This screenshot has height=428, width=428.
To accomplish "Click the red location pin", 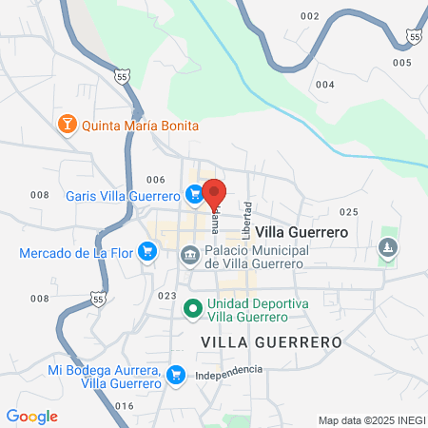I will (214, 191).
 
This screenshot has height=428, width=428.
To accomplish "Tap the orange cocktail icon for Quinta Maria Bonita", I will (68, 125).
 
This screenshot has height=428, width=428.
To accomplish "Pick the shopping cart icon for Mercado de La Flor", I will (146, 252).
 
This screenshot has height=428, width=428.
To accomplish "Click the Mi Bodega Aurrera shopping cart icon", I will (175, 375).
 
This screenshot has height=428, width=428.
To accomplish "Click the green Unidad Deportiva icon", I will (191, 308).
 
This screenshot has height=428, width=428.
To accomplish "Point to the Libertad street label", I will (247, 220).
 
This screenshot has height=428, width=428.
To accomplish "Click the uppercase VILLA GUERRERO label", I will (271, 340).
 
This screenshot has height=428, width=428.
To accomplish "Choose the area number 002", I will (309, 16).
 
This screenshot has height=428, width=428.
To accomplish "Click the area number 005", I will (400, 62).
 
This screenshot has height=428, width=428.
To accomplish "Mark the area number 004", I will (325, 85).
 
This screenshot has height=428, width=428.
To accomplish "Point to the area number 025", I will (347, 212).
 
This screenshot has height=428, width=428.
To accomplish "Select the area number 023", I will (167, 296).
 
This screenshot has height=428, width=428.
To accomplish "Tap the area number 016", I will (124, 405).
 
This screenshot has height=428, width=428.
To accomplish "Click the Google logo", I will (31, 417).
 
